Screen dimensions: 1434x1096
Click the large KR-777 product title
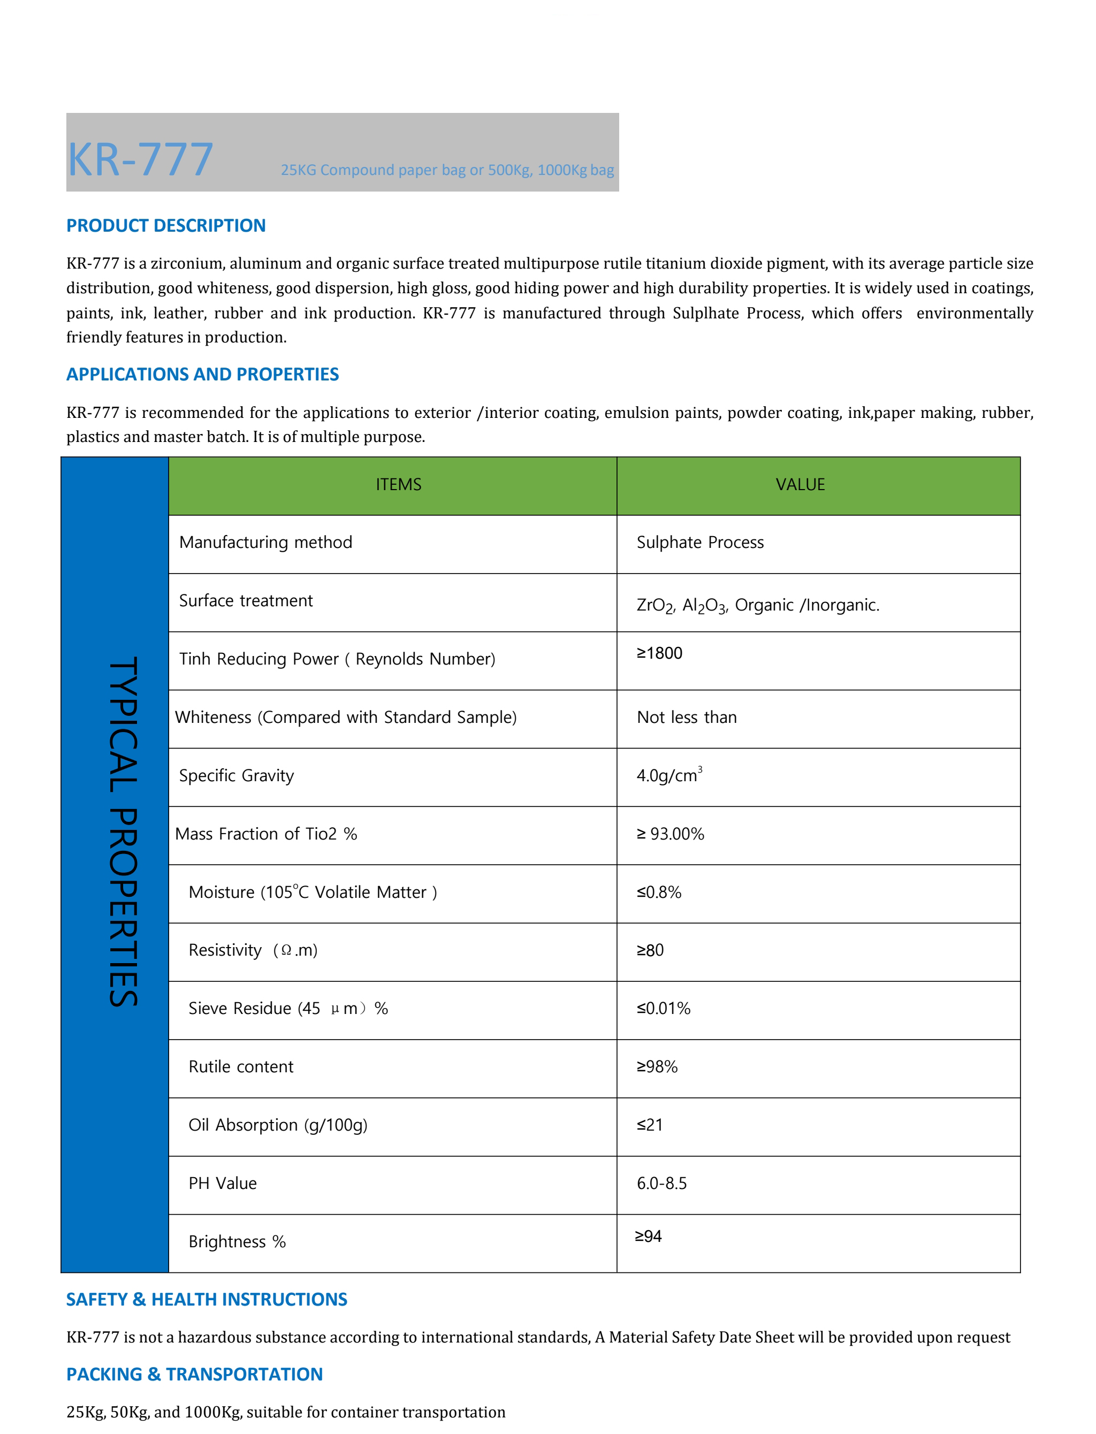(140, 160)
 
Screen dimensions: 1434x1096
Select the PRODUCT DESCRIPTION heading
(166, 226)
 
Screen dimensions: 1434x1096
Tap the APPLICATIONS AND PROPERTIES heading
(202, 375)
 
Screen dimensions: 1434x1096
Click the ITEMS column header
(398, 485)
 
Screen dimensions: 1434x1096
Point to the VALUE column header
(800, 485)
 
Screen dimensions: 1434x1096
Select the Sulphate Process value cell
(699, 543)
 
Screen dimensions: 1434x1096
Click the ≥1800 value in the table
(659, 653)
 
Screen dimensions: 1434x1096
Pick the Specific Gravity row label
(236, 776)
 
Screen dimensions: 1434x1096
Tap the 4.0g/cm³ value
(669, 775)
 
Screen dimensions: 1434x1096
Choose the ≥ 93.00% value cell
(670, 834)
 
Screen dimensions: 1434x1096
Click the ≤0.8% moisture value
(659, 892)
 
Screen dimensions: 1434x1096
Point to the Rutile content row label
(241, 1067)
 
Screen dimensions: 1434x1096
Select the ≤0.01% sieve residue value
(664, 1009)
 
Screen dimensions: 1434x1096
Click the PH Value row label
(223, 1184)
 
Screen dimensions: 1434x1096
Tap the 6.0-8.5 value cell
(661, 1184)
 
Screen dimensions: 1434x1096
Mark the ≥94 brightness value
(649, 1237)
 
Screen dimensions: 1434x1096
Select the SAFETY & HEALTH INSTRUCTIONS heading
(206, 1300)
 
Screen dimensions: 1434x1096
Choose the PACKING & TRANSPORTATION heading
(194, 1375)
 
